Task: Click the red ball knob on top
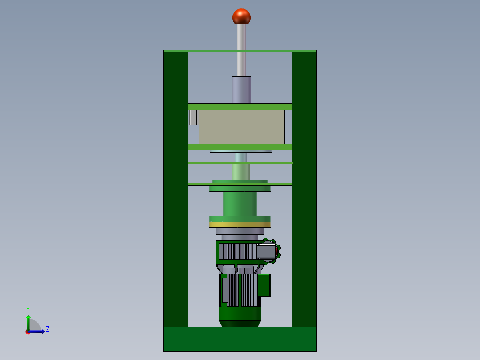tap(241, 16)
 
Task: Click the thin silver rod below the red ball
tap(241, 50)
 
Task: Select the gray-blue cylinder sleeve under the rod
tap(241, 90)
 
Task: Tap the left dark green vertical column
tap(176, 189)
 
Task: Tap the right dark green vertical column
tap(304, 189)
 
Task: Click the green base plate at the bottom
tap(240, 339)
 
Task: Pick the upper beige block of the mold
tap(241, 119)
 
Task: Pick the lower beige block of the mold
tap(241, 136)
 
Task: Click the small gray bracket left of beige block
tap(193, 117)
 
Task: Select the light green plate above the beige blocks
tap(240, 106)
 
